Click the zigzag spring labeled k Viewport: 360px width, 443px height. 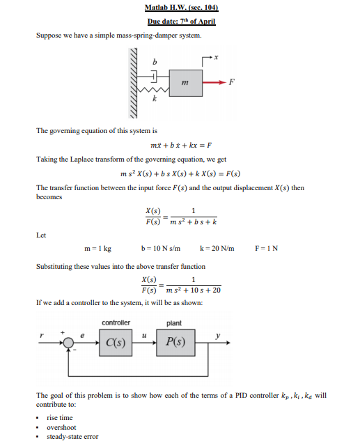pos(155,91)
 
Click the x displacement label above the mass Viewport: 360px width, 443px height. pos(217,59)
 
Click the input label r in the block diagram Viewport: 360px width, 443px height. pos(42,335)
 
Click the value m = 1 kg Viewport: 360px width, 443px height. pos(97,249)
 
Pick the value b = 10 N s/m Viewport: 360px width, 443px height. pos(161,249)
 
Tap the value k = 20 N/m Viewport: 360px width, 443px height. pos(217,249)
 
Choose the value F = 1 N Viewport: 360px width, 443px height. pos(267,249)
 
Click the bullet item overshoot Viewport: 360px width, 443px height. pos(61,427)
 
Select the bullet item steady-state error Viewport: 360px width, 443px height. pos(72,437)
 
